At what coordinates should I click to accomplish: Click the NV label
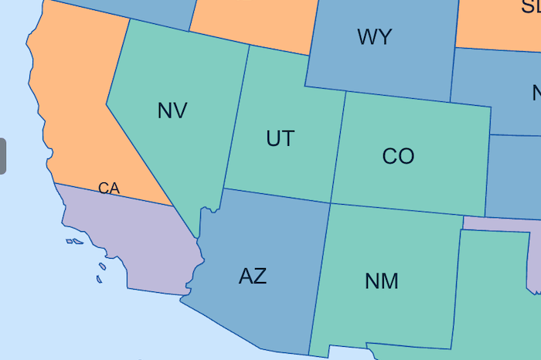click(x=172, y=110)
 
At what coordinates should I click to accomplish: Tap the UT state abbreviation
click(x=280, y=138)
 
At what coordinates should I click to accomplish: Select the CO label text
click(x=398, y=156)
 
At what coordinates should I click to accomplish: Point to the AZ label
click(x=253, y=276)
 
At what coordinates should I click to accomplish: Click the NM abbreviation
click(x=381, y=281)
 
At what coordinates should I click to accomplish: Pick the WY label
click(x=374, y=37)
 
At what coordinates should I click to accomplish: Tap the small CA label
click(x=109, y=188)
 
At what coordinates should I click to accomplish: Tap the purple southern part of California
click(x=139, y=239)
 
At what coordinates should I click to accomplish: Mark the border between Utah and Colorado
click(x=338, y=147)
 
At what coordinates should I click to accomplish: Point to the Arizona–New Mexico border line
click(x=320, y=278)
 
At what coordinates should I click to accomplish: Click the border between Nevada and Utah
click(x=236, y=116)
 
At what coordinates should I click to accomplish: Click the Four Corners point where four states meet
click(x=331, y=203)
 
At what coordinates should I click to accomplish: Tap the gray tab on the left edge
click(x=2, y=156)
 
